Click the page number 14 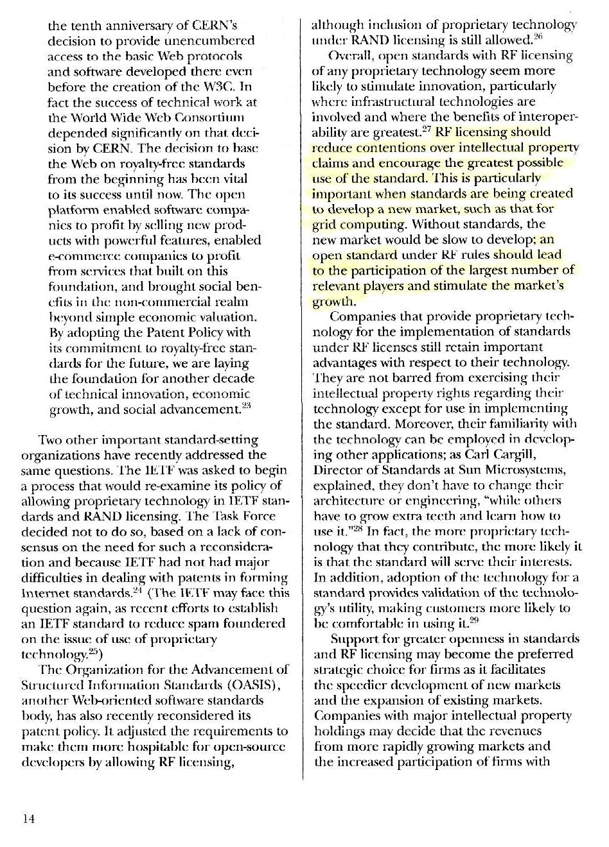[28, 819]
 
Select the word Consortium [209, 117]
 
